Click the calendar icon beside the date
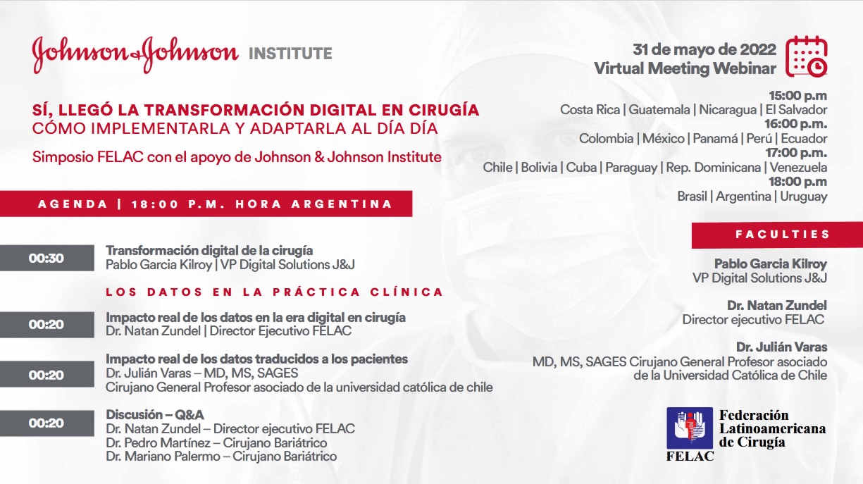(807, 56)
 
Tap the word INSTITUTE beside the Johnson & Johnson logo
(290, 54)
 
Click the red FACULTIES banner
(777, 235)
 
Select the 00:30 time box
(47, 258)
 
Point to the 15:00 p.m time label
(798, 95)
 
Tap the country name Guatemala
(659, 110)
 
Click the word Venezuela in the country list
(798, 168)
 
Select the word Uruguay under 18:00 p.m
(803, 197)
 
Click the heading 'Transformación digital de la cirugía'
(209, 251)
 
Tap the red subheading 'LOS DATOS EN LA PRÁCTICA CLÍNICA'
(274, 292)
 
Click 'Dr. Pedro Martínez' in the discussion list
(158, 442)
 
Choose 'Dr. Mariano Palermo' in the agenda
(163, 457)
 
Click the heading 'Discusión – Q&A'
(155, 415)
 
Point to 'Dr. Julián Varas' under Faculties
(782, 347)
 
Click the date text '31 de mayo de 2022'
(704, 50)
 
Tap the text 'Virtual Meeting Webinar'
(685, 68)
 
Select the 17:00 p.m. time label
(796, 153)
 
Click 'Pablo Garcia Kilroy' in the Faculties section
(771, 264)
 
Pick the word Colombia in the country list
(606, 139)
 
